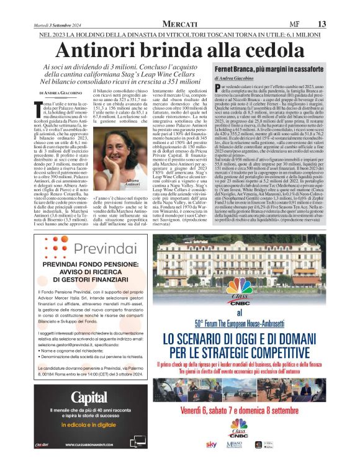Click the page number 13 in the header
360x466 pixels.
pos(322,23)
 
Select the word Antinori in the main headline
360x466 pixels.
pos(107,51)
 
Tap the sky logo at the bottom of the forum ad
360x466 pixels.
pos(212,444)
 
